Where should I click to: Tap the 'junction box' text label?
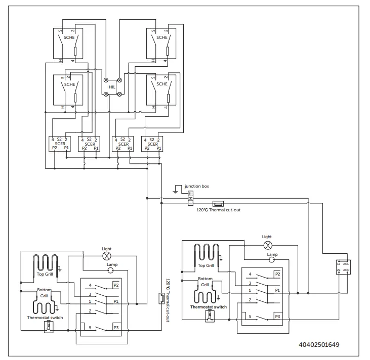tap(196, 186)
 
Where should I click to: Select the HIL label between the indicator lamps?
tap(112, 87)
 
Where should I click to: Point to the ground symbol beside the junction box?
tap(176, 191)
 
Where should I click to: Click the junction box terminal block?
tap(190, 198)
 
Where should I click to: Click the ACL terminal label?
tap(346, 263)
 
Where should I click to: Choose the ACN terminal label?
tap(346, 271)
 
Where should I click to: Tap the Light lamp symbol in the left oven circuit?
tap(107, 256)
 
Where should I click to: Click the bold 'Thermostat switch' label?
tap(208, 307)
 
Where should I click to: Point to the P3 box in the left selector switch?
tap(116, 327)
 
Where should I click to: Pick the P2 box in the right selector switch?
tap(277, 274)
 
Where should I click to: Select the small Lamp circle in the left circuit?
tap(110, 271)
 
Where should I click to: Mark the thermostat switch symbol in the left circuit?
tap(49, 326)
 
